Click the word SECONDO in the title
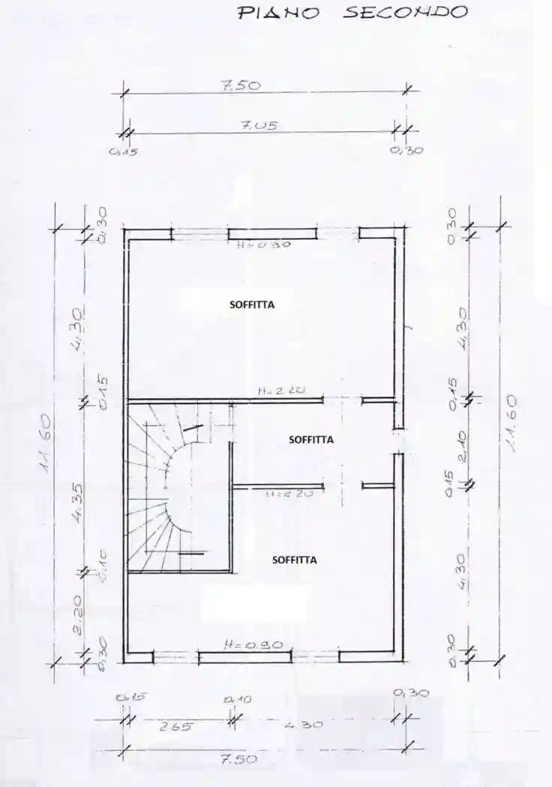[406, 12]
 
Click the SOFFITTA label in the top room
[251, 305]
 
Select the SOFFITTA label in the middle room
[311, 440]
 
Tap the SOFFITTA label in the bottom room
[294, 559]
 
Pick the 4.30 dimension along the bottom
[304, 726]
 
